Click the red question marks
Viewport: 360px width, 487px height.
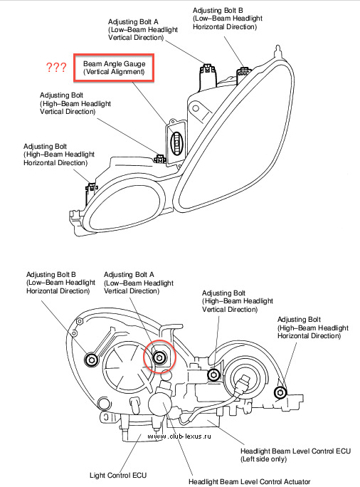click(x=56, y=67)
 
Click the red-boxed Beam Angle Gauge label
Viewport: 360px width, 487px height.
click(x=114, y=68)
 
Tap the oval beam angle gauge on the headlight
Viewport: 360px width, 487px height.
click(x=177, y=144)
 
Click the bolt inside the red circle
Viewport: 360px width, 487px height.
click(x=159, y=357)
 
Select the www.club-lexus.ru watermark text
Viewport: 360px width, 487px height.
click(x=179, y=436)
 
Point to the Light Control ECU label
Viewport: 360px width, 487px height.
click(x=118, y=475)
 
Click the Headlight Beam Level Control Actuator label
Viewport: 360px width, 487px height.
click(x=250, y=482)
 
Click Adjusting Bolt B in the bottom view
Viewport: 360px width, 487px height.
click(x=92, y=360)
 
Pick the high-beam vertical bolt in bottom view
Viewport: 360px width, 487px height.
click(x=213, y=375)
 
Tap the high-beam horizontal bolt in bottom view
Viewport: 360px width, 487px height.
click(x=280, y=392)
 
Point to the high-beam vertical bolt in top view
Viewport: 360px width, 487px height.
click(x=160, y=159)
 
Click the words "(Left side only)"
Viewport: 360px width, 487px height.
click(x=264, y=459)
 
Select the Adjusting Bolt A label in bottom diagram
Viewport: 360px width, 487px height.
click(x=139, y=283)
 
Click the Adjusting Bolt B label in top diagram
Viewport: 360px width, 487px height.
click(x=228, y=19)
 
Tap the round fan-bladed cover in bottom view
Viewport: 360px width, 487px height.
click(x=126, y=365)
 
